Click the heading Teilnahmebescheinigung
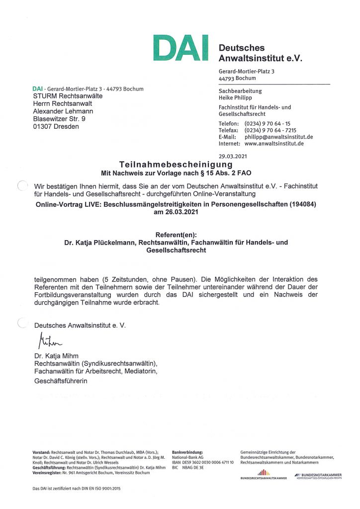point(176,164)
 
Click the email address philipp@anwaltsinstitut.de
point(278,137)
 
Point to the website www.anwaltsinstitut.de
point(274,144)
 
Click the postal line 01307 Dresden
point(56,126)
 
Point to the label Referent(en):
point(180,234)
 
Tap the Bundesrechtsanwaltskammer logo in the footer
point(263,474)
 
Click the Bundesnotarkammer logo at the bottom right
point(318,476)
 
